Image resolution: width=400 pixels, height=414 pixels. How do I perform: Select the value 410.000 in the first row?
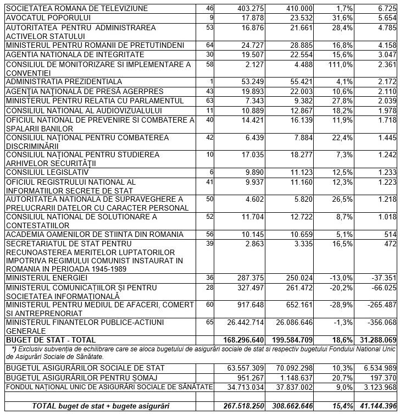[x=298, y=9]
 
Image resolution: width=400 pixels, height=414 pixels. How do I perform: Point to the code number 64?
[x=209, y=44]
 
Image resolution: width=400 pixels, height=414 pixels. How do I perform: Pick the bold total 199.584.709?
[x=299, y=340]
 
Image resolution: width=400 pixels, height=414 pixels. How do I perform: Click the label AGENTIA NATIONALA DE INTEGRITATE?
[x=75, y=54]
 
